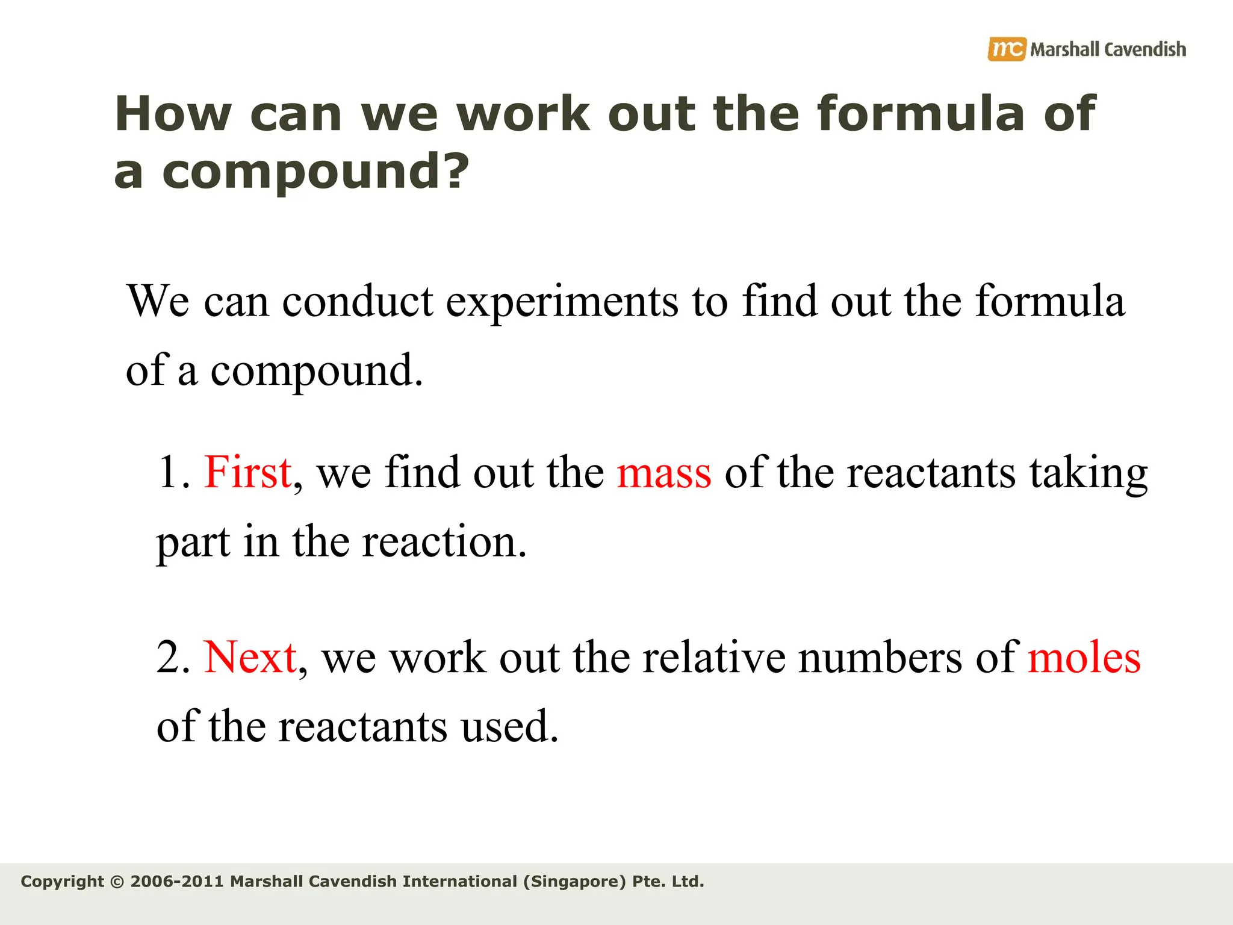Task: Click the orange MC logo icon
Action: click(1005, 49)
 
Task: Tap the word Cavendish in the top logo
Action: click(1145, 49)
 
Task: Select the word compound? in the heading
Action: click(315, 171)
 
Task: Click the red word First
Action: click(248, 472)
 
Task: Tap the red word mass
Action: click(663, 473)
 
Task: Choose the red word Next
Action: click(250, 657)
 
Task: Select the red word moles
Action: click(1084, 657)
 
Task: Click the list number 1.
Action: click(171, 472)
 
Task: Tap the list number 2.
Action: click(172, 657)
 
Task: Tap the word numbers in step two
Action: click(880, 657)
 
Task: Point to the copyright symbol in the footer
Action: click(117, 882)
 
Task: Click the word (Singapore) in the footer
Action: click(574, 882)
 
